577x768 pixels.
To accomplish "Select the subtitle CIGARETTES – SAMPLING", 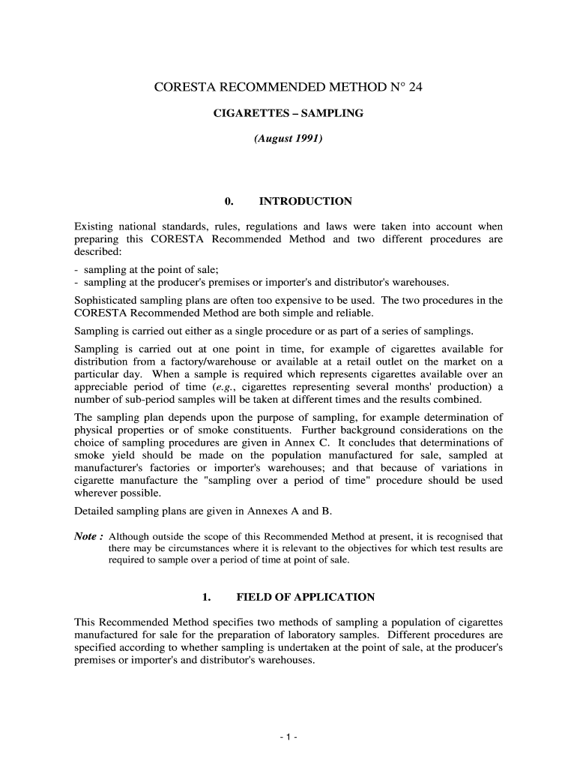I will pyautogui.click(x=288, y=113).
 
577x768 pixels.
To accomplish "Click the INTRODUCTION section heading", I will pyautogui.click(x=305, y=201).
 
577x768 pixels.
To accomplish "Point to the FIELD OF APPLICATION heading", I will pyautogui.click(x=305, y=597).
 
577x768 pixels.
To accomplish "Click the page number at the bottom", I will pyautogui.click(x=288, y=737).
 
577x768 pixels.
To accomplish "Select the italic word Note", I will pyautogui.click(x=85, y=536).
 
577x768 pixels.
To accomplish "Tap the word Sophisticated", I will pyautogui.click(x=107, y=300).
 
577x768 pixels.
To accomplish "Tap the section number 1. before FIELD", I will pyautogui.click(x=207, y=597).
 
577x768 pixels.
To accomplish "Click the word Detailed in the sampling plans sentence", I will pyautogui.click(x=96, y=511).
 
